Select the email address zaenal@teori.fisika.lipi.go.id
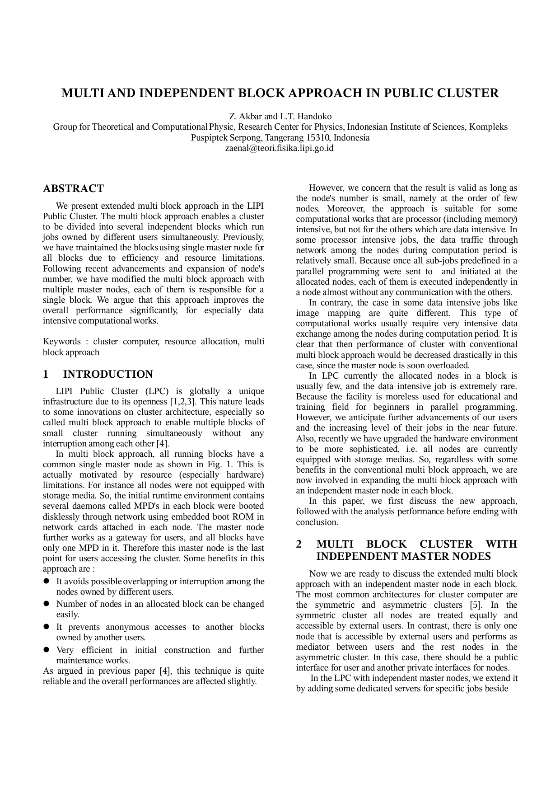[280, 148]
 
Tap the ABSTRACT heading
[73, 188]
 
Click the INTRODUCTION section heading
[108, 374]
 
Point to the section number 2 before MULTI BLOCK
[299, 544]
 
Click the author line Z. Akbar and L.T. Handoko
[280, 117]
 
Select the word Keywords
[61, 342]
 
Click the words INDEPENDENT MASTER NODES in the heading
[403, 556]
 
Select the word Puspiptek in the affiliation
[209, 137]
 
